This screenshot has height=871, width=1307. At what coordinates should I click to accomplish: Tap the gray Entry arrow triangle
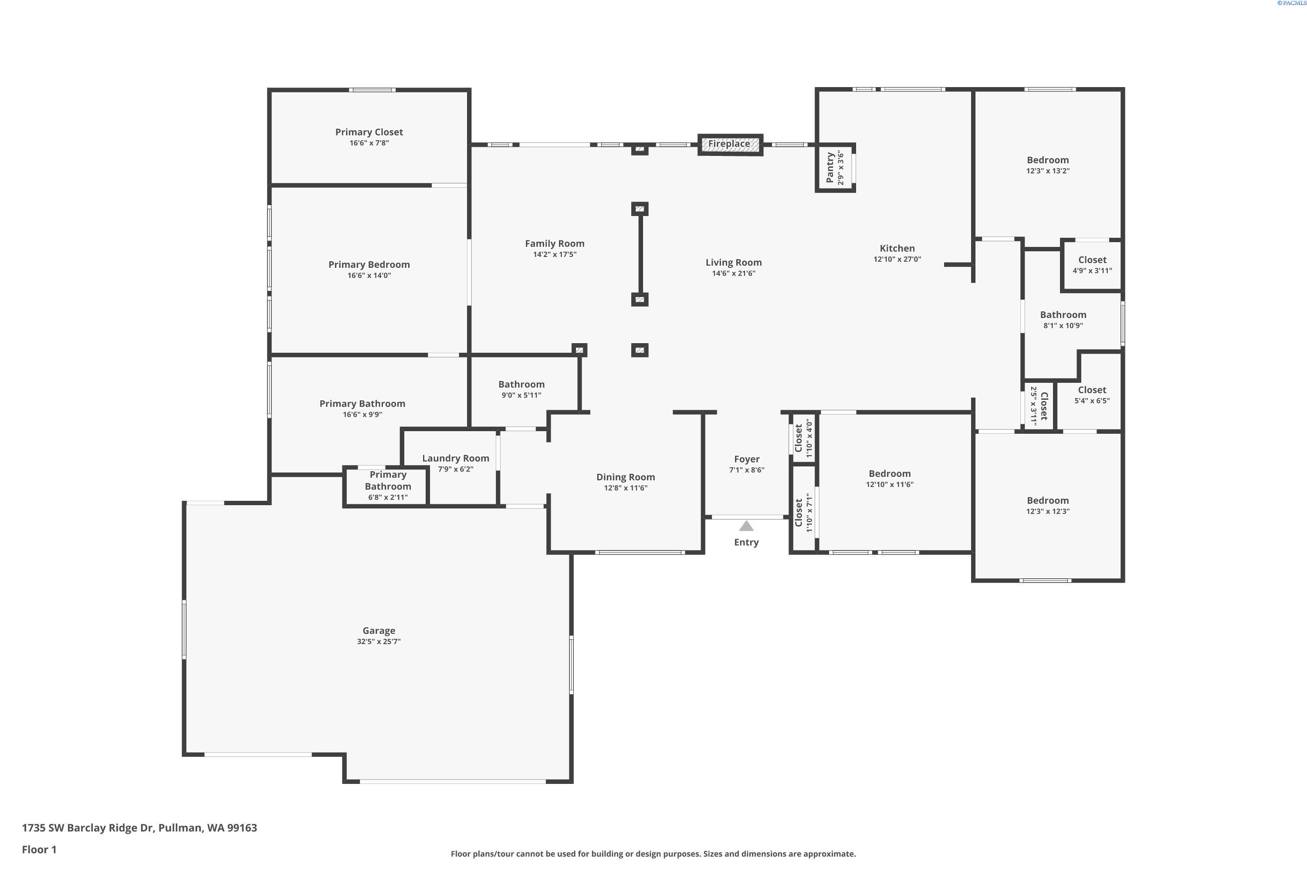point(746,526)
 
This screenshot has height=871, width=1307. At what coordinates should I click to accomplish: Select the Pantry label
point(830,168)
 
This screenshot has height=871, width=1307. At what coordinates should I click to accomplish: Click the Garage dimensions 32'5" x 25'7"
point(379,641)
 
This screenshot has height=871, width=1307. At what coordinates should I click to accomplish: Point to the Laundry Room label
point(455,458)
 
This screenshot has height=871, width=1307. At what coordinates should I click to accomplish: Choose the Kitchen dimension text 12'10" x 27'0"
point(897,259)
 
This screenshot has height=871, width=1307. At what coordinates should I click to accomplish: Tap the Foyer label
point(746,459)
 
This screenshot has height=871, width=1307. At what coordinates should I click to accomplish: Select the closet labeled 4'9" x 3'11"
point(1092,265)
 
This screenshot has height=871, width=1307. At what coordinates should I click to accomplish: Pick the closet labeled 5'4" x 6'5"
point(1091,395)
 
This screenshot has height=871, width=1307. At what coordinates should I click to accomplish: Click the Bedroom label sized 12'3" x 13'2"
point(1047,160)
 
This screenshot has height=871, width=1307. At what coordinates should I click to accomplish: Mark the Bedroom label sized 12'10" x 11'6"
point(889,474)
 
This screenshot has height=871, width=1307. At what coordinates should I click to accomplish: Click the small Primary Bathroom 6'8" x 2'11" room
point(387,486)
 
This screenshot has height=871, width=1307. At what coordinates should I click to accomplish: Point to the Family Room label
point(554,243)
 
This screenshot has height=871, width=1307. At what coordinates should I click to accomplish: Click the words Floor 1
point(39,849)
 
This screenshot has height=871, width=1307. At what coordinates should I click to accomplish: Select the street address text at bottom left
point(139,828)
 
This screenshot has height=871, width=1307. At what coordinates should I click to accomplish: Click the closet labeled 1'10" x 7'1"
point(803,513)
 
